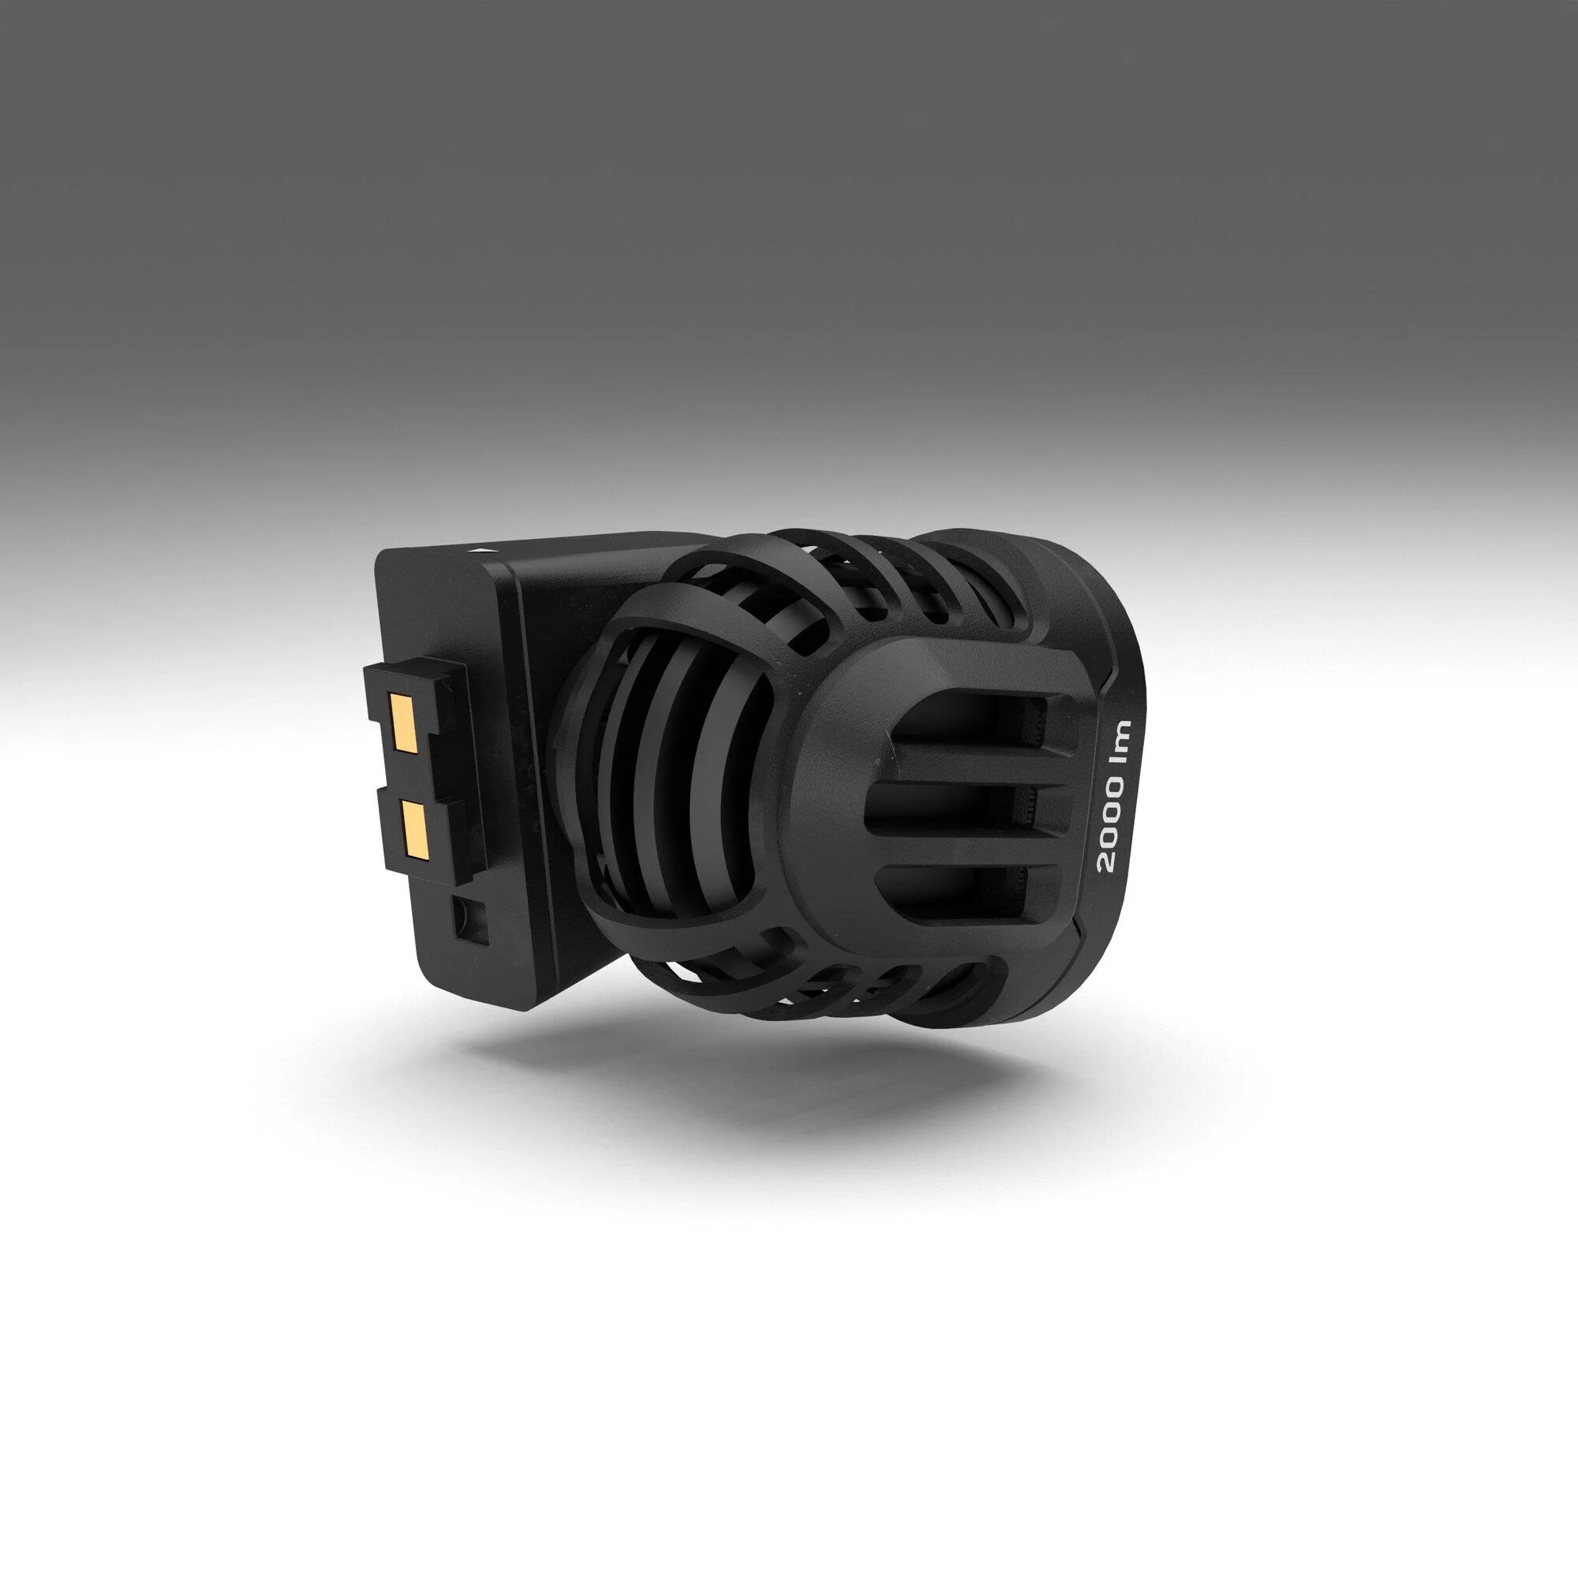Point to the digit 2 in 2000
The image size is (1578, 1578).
click(1112, 862)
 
